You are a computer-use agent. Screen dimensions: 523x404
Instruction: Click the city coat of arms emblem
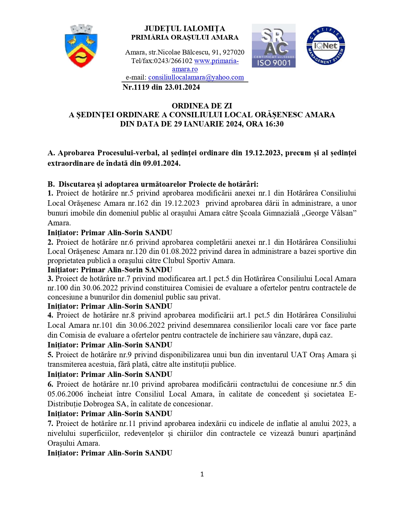point(81,46)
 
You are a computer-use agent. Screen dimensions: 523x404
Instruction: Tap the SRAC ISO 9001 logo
point(273,46)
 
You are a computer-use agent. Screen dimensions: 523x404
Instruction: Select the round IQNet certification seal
point(325,46)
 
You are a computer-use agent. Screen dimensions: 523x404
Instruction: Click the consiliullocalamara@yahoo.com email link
point(196,77)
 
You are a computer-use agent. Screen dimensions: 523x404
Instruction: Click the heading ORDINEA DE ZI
point(202,106)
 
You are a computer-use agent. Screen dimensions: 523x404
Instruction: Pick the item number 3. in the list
point(50,279)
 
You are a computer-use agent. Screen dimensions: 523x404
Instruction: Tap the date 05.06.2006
point(65,394)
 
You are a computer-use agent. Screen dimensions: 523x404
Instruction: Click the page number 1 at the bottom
point(202,474)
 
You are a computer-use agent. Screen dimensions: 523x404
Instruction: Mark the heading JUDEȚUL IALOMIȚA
point(185,29)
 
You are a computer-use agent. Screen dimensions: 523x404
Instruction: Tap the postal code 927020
point(234,52)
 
